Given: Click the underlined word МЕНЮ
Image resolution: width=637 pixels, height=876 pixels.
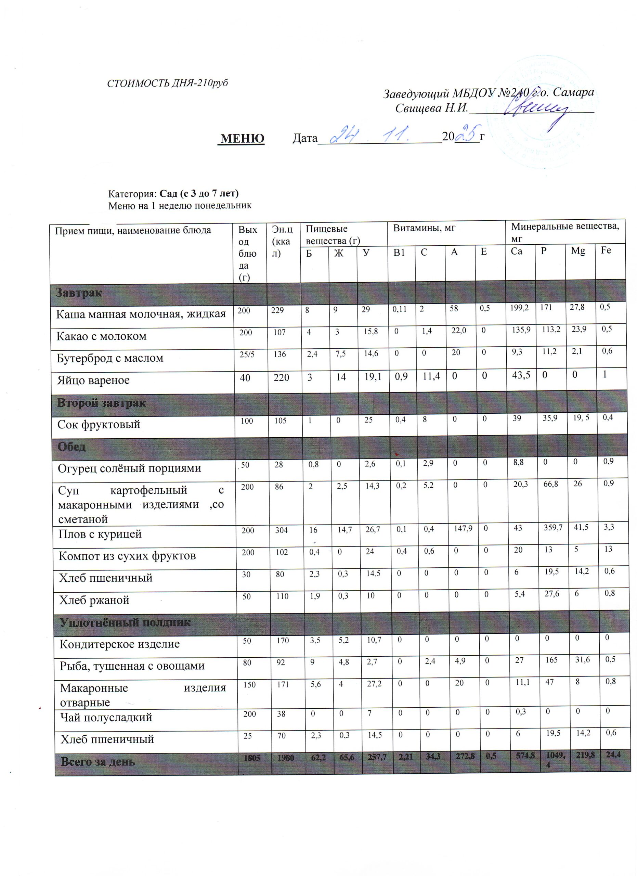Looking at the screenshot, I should [x=242, y=138].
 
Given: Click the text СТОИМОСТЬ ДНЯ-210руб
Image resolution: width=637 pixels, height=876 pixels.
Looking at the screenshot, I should [x=167, y=83].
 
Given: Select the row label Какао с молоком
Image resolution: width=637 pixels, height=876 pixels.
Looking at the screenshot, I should [x=102, y=336].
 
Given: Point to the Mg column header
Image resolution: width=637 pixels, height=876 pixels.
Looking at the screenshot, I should [x=578, y=251].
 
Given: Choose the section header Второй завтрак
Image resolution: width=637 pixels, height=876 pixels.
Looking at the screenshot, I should [x=102, y=403].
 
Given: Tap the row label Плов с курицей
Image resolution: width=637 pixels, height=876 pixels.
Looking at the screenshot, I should [x=100, y=534].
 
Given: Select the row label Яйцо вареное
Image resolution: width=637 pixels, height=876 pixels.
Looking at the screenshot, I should [x=93, y=380].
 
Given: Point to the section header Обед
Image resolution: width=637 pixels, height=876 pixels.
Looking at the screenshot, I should [x=71, y=447].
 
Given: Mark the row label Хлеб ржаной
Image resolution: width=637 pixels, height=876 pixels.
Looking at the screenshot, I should [x=94, y=600].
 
